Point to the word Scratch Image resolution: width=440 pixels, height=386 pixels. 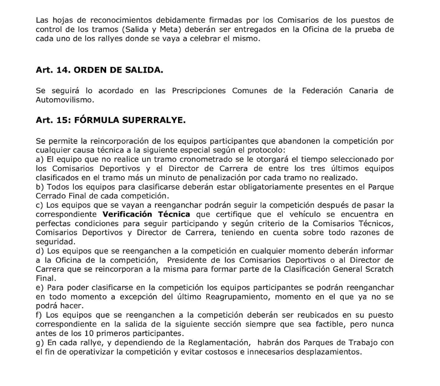pos(379,269)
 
